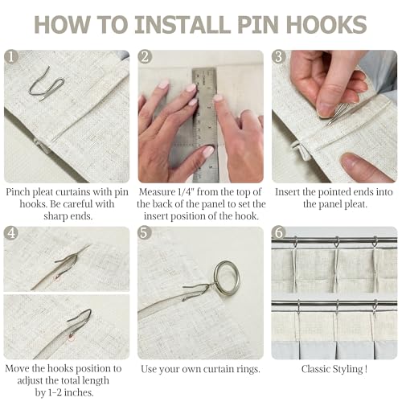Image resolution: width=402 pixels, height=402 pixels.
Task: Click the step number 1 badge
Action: (x=11, y=57)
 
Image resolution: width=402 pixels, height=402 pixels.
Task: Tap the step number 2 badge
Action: (x=145, y=57)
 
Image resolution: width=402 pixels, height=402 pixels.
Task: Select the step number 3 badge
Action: (x=279, y=57)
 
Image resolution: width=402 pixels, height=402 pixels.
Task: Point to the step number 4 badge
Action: (x=11, y=233)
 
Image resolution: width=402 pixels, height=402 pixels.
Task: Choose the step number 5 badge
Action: (x=145, y=233)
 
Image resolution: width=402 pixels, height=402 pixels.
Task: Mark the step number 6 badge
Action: (x=279, y=233)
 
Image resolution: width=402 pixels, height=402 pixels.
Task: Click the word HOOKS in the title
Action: (x=326, y=25)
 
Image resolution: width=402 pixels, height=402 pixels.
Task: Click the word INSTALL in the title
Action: (x=182, y=25)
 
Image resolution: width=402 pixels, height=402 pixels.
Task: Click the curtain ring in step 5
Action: (x=228, y=278)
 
